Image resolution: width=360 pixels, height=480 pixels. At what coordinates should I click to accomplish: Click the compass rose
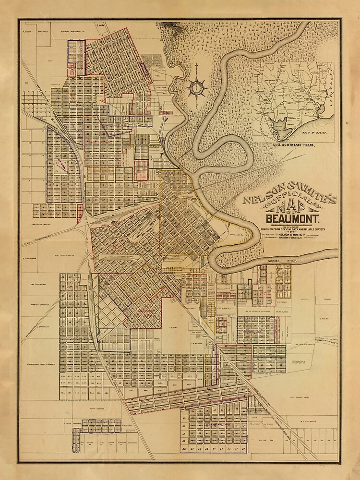(197, 87)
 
